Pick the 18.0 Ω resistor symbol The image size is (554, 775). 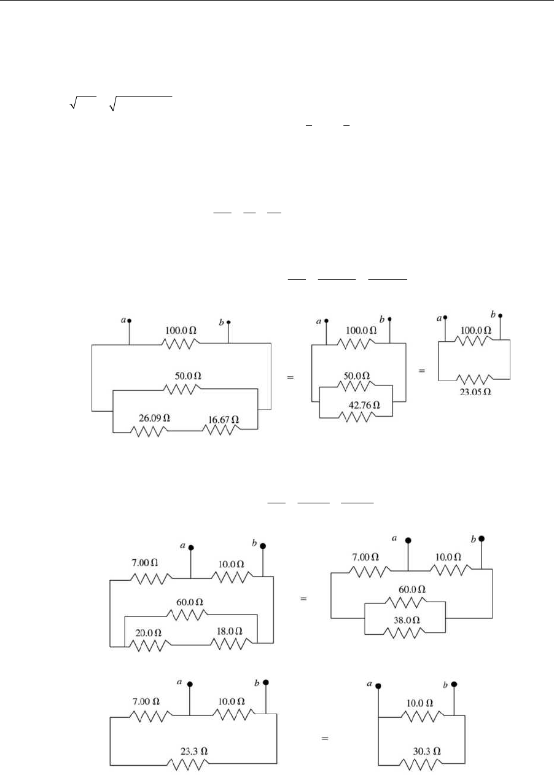pyautogui.click(x=232, y=643)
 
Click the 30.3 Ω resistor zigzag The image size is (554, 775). pyautogui.click(x=421, y=765)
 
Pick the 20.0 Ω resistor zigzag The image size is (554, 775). pyautogui.click(x=148, y=644)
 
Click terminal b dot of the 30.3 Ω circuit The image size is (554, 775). pyautogui.click(x=454, y=685)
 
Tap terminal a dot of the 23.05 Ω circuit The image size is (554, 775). pyautogui.click(x=445, y=318)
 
